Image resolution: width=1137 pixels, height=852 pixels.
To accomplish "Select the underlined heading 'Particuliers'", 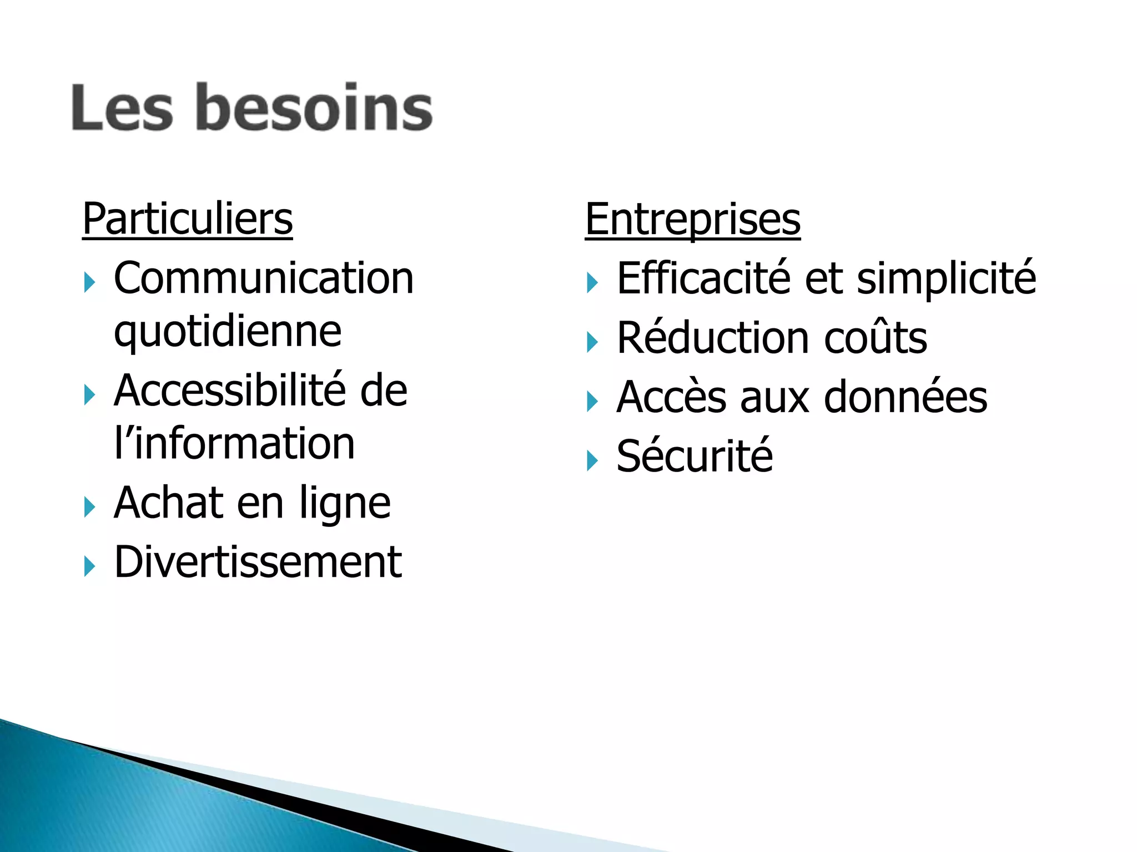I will (187, 219).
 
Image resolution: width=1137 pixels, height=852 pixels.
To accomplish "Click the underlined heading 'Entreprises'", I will (692, 219).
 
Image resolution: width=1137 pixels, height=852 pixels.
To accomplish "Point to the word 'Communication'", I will (264, 278).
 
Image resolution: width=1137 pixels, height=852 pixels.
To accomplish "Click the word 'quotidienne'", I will (228, 332).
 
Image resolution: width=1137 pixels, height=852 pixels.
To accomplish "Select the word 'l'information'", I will (234, 444).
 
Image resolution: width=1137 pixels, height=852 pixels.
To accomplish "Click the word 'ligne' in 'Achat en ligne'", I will (345, 504).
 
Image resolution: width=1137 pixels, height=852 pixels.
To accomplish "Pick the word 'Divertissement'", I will (258, 562).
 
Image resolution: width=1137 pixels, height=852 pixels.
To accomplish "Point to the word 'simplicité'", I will (946, 278).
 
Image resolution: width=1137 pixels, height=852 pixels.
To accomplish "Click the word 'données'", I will (905, 397).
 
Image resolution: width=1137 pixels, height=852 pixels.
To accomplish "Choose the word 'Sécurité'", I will (695, 456).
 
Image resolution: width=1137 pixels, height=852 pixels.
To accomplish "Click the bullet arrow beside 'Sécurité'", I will (592, 460).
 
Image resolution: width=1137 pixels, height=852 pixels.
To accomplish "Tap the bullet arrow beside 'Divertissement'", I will (89, 566).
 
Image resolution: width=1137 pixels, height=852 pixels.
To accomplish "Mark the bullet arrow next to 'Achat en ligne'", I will (89, 508).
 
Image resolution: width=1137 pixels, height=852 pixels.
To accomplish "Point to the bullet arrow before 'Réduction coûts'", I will (592, 342).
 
